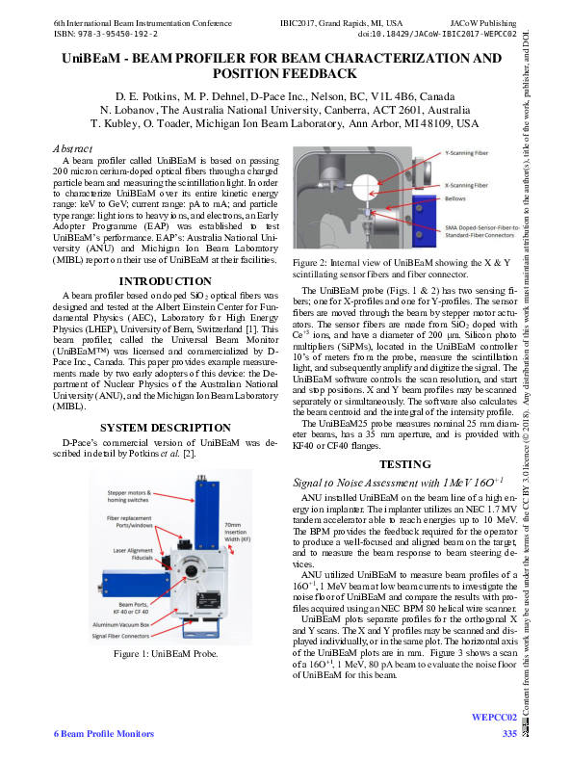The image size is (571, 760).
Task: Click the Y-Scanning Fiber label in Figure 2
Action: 469,153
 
